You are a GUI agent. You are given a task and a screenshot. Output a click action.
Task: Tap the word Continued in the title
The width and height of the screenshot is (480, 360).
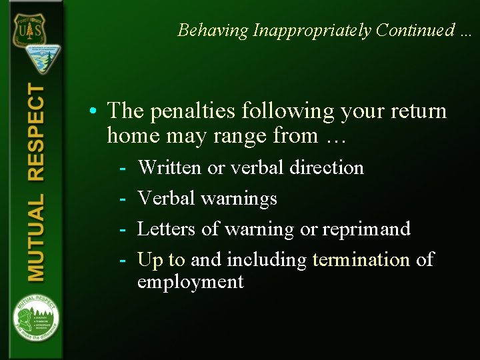point(414,31)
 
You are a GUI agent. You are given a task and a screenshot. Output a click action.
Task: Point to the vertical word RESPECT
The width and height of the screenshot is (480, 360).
point(36,133)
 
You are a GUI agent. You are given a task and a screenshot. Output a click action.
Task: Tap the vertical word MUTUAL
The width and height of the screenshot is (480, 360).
point(36,237)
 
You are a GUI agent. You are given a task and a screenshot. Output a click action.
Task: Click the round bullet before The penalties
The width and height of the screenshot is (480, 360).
point(97,110)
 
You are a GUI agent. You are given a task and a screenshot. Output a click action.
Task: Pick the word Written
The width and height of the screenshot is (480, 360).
point(169,167)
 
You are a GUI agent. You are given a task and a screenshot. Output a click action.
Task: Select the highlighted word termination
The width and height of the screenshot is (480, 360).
point(361,259)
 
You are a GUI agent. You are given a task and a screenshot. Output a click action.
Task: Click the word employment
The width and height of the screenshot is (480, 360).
point(191,282)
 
